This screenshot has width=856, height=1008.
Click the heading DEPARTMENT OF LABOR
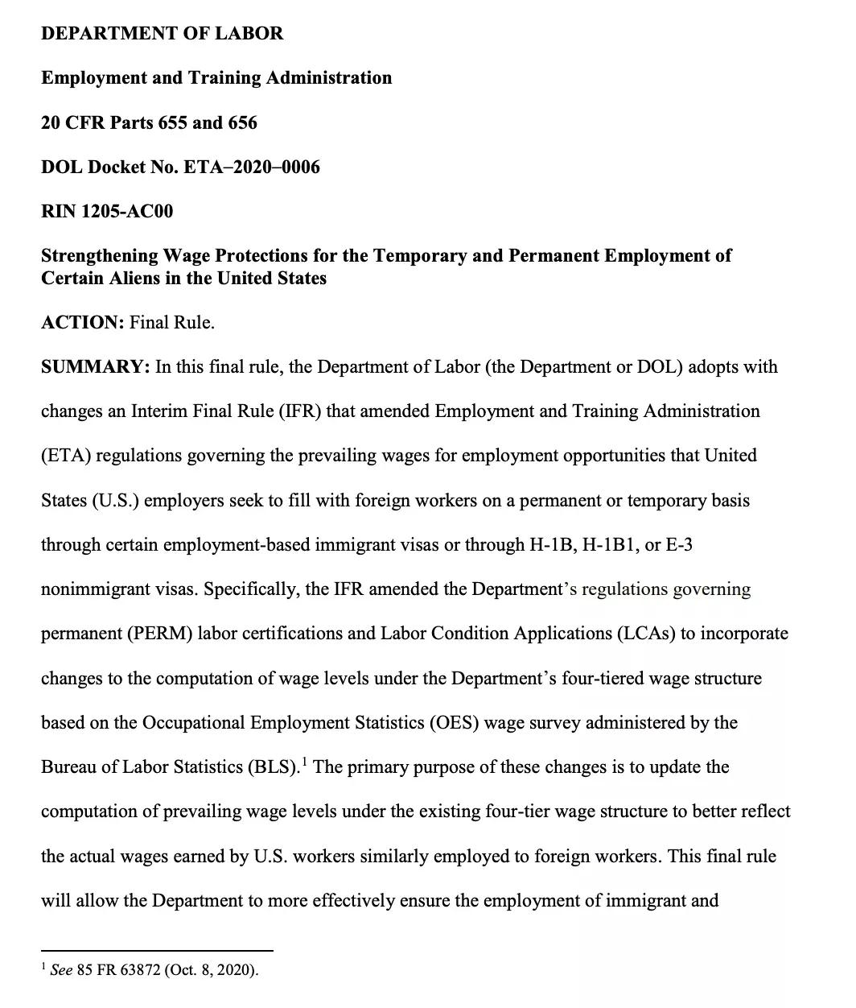pos(162,34)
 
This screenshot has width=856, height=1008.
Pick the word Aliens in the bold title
pos(121,279)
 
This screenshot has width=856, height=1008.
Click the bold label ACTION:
pos(82,323)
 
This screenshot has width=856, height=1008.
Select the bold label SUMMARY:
pos(95,367)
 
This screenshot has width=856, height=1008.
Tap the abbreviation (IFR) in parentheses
pos(299,411)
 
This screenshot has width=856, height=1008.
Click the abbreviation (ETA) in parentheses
pos(68,456)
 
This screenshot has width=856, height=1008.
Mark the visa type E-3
pos(680,545)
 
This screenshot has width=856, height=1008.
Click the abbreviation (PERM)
pos(159,634)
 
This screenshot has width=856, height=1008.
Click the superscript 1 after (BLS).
pos(305,761)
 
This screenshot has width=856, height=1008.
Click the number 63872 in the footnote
pos(141,970)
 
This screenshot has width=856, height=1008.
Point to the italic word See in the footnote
pos(61,970)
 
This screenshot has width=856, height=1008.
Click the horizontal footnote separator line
pos(157,951)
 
